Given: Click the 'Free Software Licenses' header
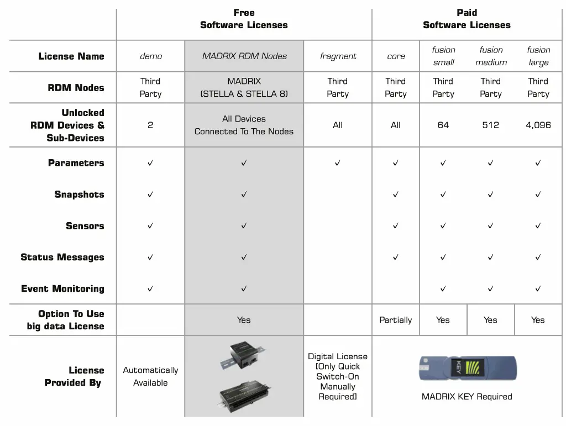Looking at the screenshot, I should click(244, 19).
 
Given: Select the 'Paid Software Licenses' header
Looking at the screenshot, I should click(467, 19).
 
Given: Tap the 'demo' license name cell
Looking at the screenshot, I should click(150, 56).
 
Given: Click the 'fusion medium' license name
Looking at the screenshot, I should click(491, 56).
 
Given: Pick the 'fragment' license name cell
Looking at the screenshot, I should click(338, 56).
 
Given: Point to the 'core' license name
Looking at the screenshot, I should click(396, 56).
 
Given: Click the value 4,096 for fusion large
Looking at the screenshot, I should click(538, 125).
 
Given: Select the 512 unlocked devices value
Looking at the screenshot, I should click(490, 125).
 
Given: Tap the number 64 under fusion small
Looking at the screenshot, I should click(443, 125).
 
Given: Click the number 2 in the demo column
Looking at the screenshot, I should click(150, 125).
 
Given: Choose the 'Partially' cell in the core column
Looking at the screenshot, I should click(396, 320).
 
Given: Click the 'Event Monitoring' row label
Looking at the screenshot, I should click(62, 288).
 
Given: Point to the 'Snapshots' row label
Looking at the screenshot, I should click(79, 194).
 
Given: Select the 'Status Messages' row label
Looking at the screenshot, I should click(62, 257).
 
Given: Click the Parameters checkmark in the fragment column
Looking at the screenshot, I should click(338, 163).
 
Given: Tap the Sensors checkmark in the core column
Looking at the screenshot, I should click(396, 226).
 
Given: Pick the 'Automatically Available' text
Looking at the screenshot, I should click(150, 376).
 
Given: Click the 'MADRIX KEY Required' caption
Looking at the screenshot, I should click(467, 397).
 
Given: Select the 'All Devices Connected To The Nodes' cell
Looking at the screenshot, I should click(244, 125).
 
